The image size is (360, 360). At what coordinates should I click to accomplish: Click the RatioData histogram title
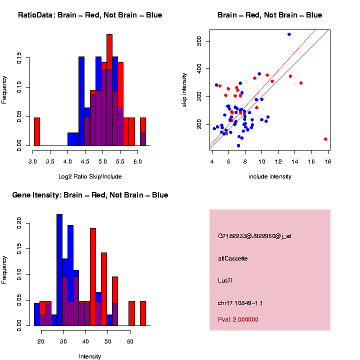point(90,15)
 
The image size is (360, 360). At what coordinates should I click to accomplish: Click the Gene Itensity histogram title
point(90,195)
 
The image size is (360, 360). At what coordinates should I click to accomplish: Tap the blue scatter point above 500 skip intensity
point(289,34)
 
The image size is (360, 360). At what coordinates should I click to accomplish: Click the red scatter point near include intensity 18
point(325,139)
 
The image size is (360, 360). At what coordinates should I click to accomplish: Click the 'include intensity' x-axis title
point(270,176)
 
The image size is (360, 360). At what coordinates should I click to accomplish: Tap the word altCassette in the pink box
point(232,258)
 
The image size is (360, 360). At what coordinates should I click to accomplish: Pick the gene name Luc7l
point(225,280)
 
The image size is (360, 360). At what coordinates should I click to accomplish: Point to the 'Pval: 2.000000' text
point(238,319)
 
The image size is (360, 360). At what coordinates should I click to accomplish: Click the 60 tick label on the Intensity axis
point(129,342)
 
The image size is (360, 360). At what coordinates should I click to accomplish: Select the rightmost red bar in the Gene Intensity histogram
point(143,313)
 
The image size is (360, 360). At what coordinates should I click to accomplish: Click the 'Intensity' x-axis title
point(90,356)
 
